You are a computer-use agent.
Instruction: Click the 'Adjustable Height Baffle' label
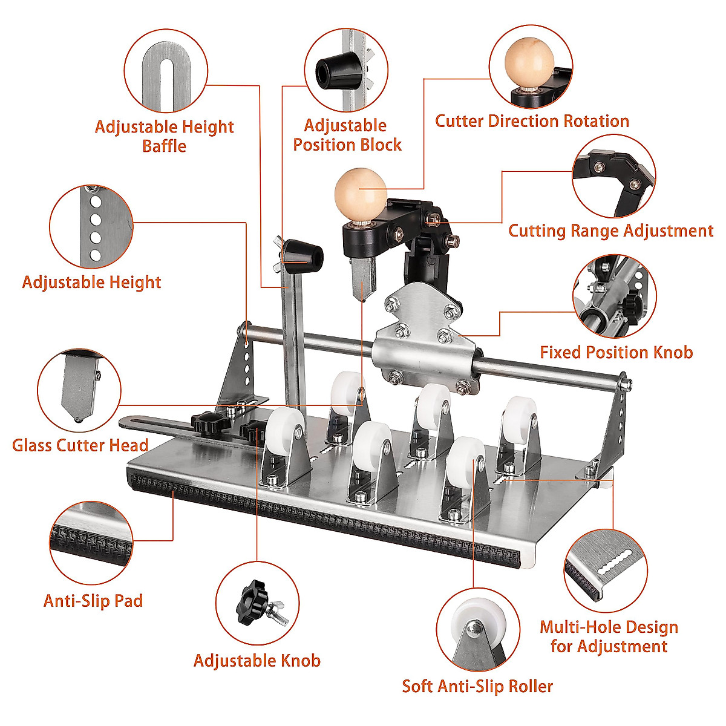pos(164,136)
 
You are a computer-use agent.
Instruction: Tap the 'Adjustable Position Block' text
pos(347,135)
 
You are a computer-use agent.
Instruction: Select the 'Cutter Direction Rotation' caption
pos(532,121)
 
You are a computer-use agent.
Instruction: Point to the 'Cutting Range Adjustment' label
pos(610,231)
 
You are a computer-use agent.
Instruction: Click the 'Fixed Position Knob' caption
pos(616,352)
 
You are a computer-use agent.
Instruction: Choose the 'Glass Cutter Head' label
pos(80,445)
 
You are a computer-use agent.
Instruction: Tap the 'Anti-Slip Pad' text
pos(93,601)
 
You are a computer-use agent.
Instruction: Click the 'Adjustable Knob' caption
pos(257,661)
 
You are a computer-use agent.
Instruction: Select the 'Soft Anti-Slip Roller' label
pos(477,686)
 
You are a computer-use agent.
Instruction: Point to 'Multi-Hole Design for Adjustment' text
pos(609,636)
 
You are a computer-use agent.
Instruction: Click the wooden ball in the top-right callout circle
pos(529,61)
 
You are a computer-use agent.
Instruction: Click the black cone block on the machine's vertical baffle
pos(302,253)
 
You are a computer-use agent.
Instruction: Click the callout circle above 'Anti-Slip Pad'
pos(91,542)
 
